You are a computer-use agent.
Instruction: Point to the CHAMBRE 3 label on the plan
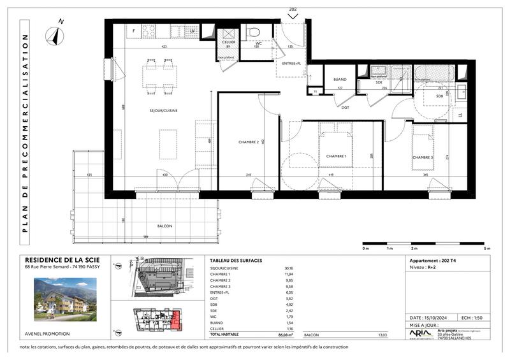422,157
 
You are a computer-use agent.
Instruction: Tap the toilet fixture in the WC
253,32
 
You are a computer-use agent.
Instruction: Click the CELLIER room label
228,42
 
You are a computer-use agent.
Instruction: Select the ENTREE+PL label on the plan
291,64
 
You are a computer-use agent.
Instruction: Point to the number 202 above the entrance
293,8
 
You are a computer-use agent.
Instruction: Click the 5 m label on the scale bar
487,248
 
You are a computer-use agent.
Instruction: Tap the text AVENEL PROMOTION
47,334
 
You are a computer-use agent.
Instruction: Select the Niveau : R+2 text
425,269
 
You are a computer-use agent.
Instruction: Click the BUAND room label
340,80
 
